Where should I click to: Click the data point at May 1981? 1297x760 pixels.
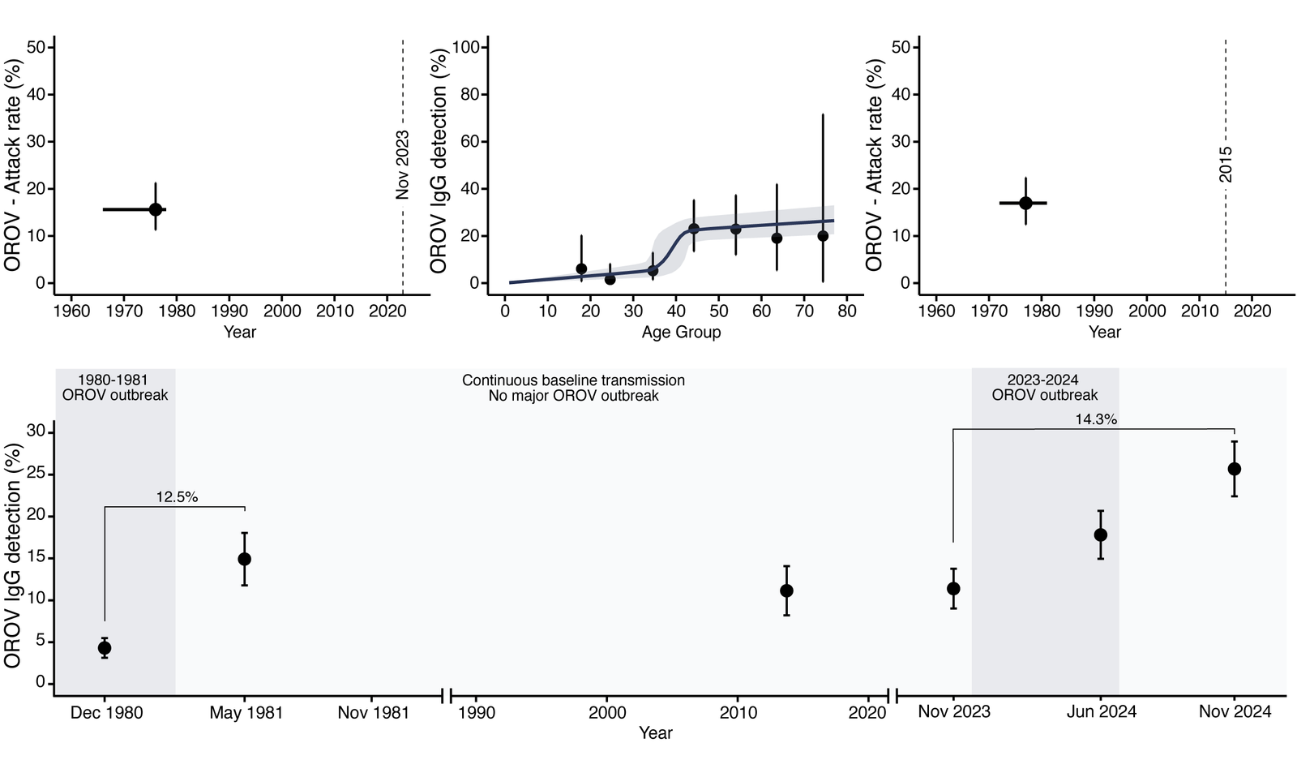point(244,559)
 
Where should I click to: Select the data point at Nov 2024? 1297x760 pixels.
point(1235,469)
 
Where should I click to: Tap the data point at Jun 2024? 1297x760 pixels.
point(1101,535)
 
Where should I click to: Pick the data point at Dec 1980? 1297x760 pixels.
point(105,648)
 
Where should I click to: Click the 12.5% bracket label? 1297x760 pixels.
point(177,497)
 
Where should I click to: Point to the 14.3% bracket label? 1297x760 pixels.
point(1096,419)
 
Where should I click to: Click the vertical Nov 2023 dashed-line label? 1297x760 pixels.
point(403,165)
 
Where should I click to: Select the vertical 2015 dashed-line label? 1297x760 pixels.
point(1226,164)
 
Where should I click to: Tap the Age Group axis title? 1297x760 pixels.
point(681,332)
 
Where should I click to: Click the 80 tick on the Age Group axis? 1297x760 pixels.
point(847,311)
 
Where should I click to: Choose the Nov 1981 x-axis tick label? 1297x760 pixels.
point(373,713)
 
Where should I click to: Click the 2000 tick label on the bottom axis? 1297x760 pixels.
point(607,713)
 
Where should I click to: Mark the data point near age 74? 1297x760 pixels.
point(823,236)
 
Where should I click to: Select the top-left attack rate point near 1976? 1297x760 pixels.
point(156,209)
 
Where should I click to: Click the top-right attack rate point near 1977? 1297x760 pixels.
point(1025,203)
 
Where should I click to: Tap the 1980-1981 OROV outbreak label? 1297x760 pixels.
point(115,388)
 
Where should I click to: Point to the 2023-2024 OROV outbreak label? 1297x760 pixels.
point(1044,388)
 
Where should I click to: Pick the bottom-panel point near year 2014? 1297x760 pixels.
point(786,590)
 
